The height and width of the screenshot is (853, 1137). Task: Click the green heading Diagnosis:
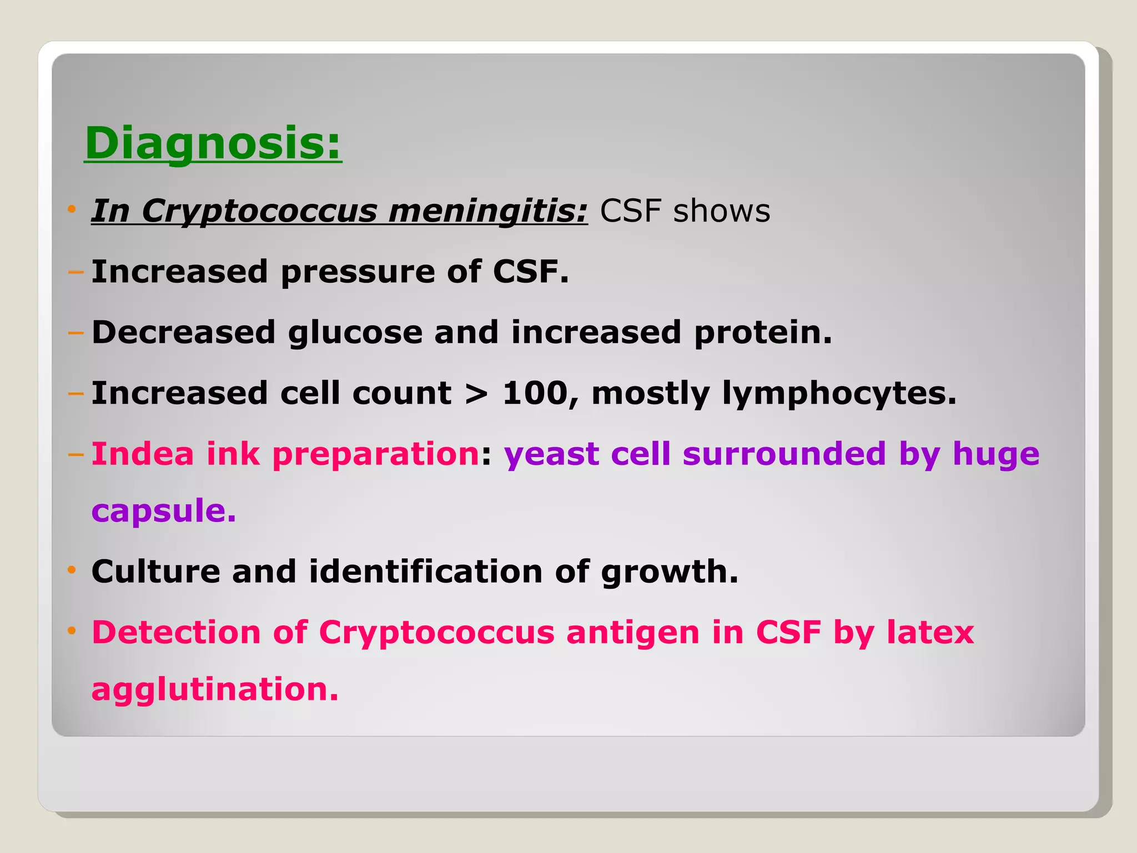coord(213,143)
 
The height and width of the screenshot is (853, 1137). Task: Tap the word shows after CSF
coord(721,211)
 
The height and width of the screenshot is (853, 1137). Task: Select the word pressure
coord(358,272)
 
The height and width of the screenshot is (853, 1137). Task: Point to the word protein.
coord(763,333)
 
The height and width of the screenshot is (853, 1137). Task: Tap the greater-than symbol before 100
coord(476,394)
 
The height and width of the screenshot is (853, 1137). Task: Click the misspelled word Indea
coord(143,454)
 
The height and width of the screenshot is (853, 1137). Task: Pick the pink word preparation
coord(376,455)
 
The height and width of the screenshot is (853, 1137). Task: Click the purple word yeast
coord(551,455)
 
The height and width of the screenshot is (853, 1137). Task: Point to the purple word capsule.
coord(163,511)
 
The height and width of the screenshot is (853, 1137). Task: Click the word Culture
coord(155,571)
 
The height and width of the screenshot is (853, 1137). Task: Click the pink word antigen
coord(632,633)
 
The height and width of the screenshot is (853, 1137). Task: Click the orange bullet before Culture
coord(71,570)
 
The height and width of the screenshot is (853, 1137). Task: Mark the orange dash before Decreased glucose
coord(75,333)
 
